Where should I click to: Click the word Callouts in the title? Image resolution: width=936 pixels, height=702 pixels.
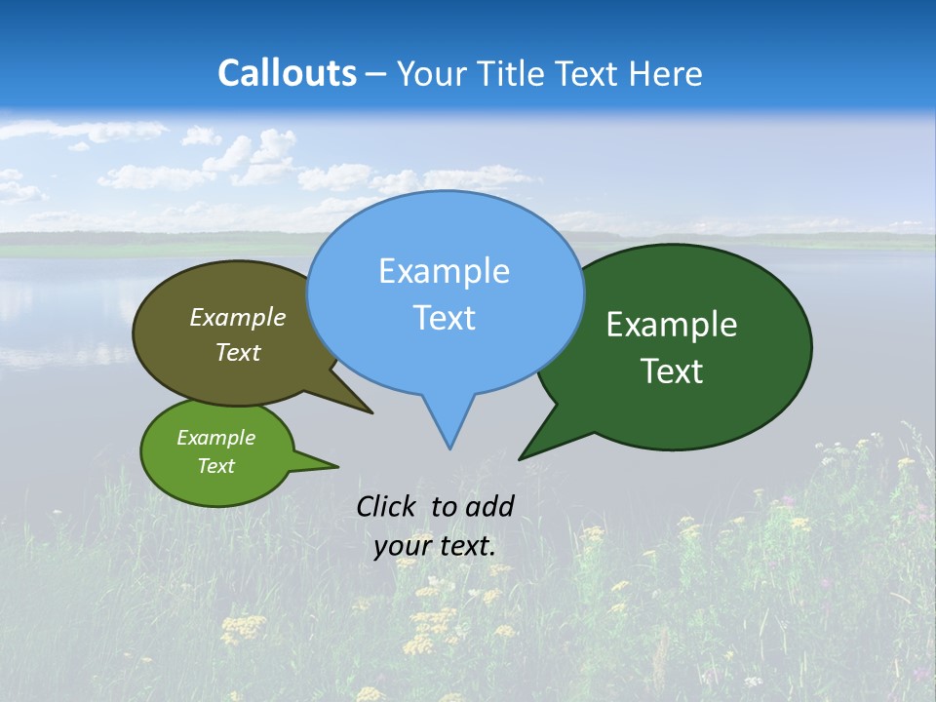(287, 73)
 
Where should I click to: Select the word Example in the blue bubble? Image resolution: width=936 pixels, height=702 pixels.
(444, 271)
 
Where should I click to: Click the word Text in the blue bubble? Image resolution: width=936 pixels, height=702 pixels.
(444, 318)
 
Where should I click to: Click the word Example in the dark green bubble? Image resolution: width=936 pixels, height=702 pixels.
(672, 325)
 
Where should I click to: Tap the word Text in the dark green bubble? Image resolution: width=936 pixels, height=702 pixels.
(672, 371)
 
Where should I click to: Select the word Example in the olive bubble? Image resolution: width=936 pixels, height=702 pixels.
(238, 318)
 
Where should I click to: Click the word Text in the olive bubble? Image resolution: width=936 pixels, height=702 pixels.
(238, 352)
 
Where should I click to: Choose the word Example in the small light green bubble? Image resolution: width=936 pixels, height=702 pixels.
(215, 438)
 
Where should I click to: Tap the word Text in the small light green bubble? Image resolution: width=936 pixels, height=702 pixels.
(215, 466)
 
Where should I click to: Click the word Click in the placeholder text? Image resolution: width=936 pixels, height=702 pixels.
(388, 506)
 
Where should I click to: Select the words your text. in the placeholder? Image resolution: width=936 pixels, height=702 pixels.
(435, 546)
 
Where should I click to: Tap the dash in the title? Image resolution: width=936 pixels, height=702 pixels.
(376, 74)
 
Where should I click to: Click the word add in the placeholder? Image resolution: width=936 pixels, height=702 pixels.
(488, 506)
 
